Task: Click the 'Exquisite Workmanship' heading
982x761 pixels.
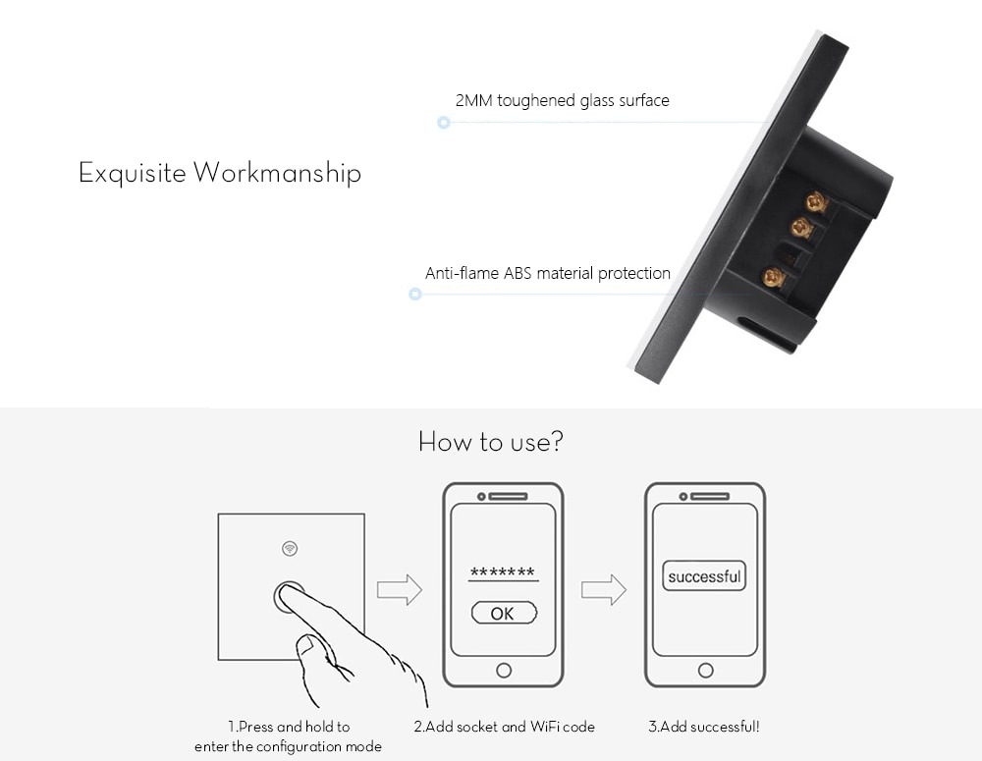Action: click(x=220, y=173)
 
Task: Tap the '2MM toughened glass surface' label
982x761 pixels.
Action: click(x=563, y=100)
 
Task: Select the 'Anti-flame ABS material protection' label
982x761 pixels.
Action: click(x=547, y=273)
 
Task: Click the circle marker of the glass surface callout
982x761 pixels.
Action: click(x=444, y=122)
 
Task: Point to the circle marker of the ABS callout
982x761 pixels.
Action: click(x=414, y=294)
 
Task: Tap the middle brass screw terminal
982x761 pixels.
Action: click(x=801, y=228)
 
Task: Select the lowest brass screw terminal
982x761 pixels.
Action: click(x=774, y=276)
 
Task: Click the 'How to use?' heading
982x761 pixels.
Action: click(x=491, y=442)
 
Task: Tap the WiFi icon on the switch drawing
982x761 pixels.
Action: click(x=290, y=549)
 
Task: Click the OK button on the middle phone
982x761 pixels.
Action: click(x=504, y=613)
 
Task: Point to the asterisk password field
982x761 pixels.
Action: click(x=503, y=572)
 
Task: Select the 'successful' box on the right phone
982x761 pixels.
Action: click(x=704, y=576)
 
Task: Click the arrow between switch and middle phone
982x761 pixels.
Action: click(x=400, y=589)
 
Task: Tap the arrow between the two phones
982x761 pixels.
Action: click(x=604, y=589)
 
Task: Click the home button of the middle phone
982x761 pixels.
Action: click(x=504, y=671)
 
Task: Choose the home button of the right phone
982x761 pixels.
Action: click(x=705, y=671)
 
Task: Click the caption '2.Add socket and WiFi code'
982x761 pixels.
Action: click(x=504, y=727)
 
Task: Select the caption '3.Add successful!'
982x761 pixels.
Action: click(x=704, y=727)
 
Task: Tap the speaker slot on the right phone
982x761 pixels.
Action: click(x=710, y=496)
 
